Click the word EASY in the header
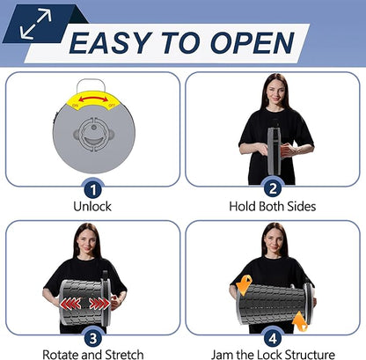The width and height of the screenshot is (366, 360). coord(111,43)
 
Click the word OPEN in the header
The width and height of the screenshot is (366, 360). coord(253,43)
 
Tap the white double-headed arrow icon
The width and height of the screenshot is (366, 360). coord(36,24)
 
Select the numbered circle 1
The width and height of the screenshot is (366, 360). coord(93,190)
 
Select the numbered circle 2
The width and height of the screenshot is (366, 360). coord(273,188)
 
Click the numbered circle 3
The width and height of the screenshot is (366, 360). coord(93,338)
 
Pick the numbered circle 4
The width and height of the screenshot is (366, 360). coord(273,338)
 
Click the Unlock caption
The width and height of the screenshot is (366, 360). coord(92,206)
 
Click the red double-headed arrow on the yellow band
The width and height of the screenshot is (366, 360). coord(93,99)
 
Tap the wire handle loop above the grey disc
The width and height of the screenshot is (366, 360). coord(91,85)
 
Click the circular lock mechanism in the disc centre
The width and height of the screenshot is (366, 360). coord(93,135)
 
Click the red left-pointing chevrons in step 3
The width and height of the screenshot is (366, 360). coord(70,304)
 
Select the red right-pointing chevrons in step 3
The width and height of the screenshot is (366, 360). coord(99,304)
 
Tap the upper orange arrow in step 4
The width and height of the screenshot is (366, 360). coord(245,284)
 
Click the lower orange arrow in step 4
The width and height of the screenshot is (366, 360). coord(300,321)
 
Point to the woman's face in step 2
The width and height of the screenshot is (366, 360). coord(276,91)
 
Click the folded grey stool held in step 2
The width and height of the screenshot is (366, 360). coord(274,151)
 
